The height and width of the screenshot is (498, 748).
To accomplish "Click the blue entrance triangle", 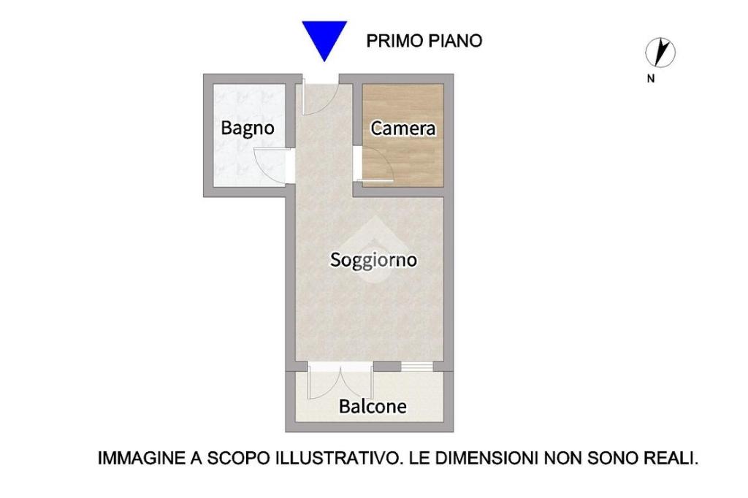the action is [324, 38].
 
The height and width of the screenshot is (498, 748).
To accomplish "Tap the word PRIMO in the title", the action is [394, 41].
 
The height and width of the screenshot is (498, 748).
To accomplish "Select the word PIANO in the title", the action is [454, 41].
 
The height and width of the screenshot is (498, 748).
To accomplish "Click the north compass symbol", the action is [660, 53].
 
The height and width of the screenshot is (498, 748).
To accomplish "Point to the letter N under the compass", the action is [651, 79].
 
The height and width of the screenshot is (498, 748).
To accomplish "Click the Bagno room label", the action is [248, 129].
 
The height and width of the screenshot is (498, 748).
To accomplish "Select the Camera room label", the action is [403, 129].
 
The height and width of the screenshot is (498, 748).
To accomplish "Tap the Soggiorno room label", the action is [373, 260].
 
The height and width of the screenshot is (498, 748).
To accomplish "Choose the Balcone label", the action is [373, 407].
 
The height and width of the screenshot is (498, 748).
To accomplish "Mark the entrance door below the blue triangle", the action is [322, 98].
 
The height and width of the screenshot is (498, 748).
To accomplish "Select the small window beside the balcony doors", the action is [416, 367].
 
